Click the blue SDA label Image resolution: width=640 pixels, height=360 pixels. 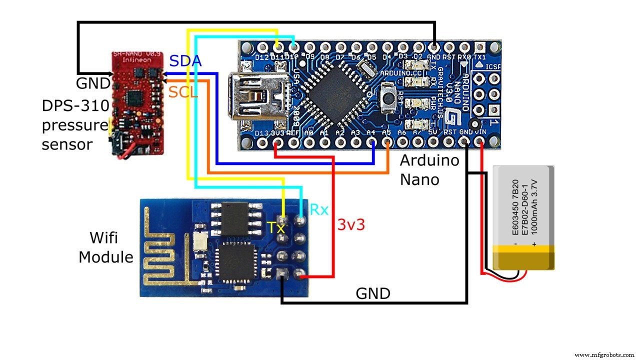click(x=185, y=61)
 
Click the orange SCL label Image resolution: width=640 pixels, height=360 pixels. click(x=183, y=91)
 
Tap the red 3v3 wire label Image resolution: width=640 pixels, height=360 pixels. click(x=351, y=224)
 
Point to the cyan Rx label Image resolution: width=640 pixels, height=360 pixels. click(x=319, y=209)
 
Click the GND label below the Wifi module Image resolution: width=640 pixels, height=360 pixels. click(x=372, y=293)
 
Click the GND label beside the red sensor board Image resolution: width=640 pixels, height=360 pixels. click(x=93, y=83)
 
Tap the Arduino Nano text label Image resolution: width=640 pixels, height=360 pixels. click(x=429, y=169)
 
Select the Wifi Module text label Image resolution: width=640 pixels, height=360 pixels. click(x=106, y=247)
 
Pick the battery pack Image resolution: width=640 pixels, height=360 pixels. click(x=523, y=217)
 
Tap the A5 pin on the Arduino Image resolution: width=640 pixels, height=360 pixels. click(x=387, y=143)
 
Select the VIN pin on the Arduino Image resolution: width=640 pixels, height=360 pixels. click(x=481, y=143)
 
